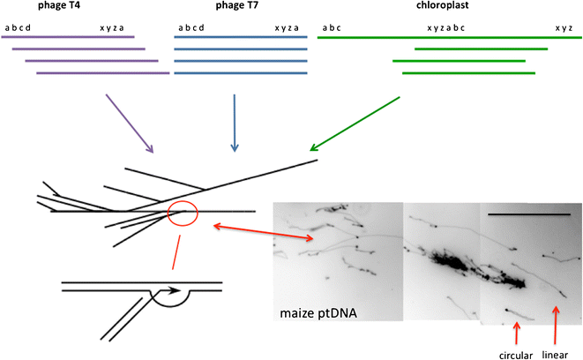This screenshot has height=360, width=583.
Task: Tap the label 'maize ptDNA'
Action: point(313,314)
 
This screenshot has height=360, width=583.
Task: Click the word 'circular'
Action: point(517,354)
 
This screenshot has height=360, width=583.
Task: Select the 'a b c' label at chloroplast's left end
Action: point(332,27)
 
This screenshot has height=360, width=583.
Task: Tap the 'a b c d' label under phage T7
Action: point(191,27)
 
